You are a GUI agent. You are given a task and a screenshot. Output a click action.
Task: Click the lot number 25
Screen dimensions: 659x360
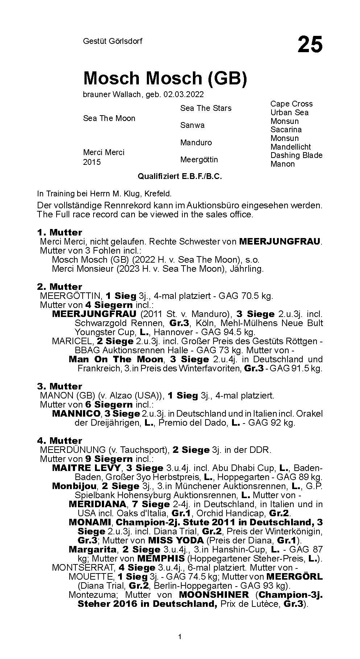(310, 45)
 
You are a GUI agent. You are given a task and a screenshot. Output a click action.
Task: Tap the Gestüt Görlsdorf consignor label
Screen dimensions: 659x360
(112, 41)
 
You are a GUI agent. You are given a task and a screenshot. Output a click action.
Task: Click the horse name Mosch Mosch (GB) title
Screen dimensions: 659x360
(165, 78)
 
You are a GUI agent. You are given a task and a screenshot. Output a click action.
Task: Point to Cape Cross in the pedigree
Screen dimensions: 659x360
(291, 104)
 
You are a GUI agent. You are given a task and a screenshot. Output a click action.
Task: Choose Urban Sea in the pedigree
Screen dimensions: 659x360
(289, 113)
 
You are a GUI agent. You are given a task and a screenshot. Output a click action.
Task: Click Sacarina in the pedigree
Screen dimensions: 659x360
(286, 129)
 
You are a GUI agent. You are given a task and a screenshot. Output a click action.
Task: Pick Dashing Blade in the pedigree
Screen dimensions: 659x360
(296, 155)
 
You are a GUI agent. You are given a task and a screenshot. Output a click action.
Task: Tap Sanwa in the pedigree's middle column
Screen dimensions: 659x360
(192, 125)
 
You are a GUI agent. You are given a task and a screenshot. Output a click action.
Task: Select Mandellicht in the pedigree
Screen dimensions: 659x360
(290, 147)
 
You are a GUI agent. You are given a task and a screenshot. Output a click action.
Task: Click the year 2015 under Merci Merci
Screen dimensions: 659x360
(92, 162)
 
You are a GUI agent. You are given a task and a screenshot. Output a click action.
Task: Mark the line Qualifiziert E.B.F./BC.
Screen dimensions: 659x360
(179, 176)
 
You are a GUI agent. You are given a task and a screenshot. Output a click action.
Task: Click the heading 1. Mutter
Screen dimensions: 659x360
(59, 232)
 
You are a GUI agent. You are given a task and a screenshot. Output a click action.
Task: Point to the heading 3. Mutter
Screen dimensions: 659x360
(59, 386)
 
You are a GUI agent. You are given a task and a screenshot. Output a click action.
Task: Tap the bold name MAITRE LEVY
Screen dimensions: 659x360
(87, 468)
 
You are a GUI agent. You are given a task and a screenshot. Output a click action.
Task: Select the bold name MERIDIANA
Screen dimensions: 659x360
(98, 504)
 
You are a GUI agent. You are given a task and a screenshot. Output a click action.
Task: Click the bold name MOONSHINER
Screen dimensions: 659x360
(214, 595)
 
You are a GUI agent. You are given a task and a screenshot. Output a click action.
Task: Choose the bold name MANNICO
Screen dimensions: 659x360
(76, 413)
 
